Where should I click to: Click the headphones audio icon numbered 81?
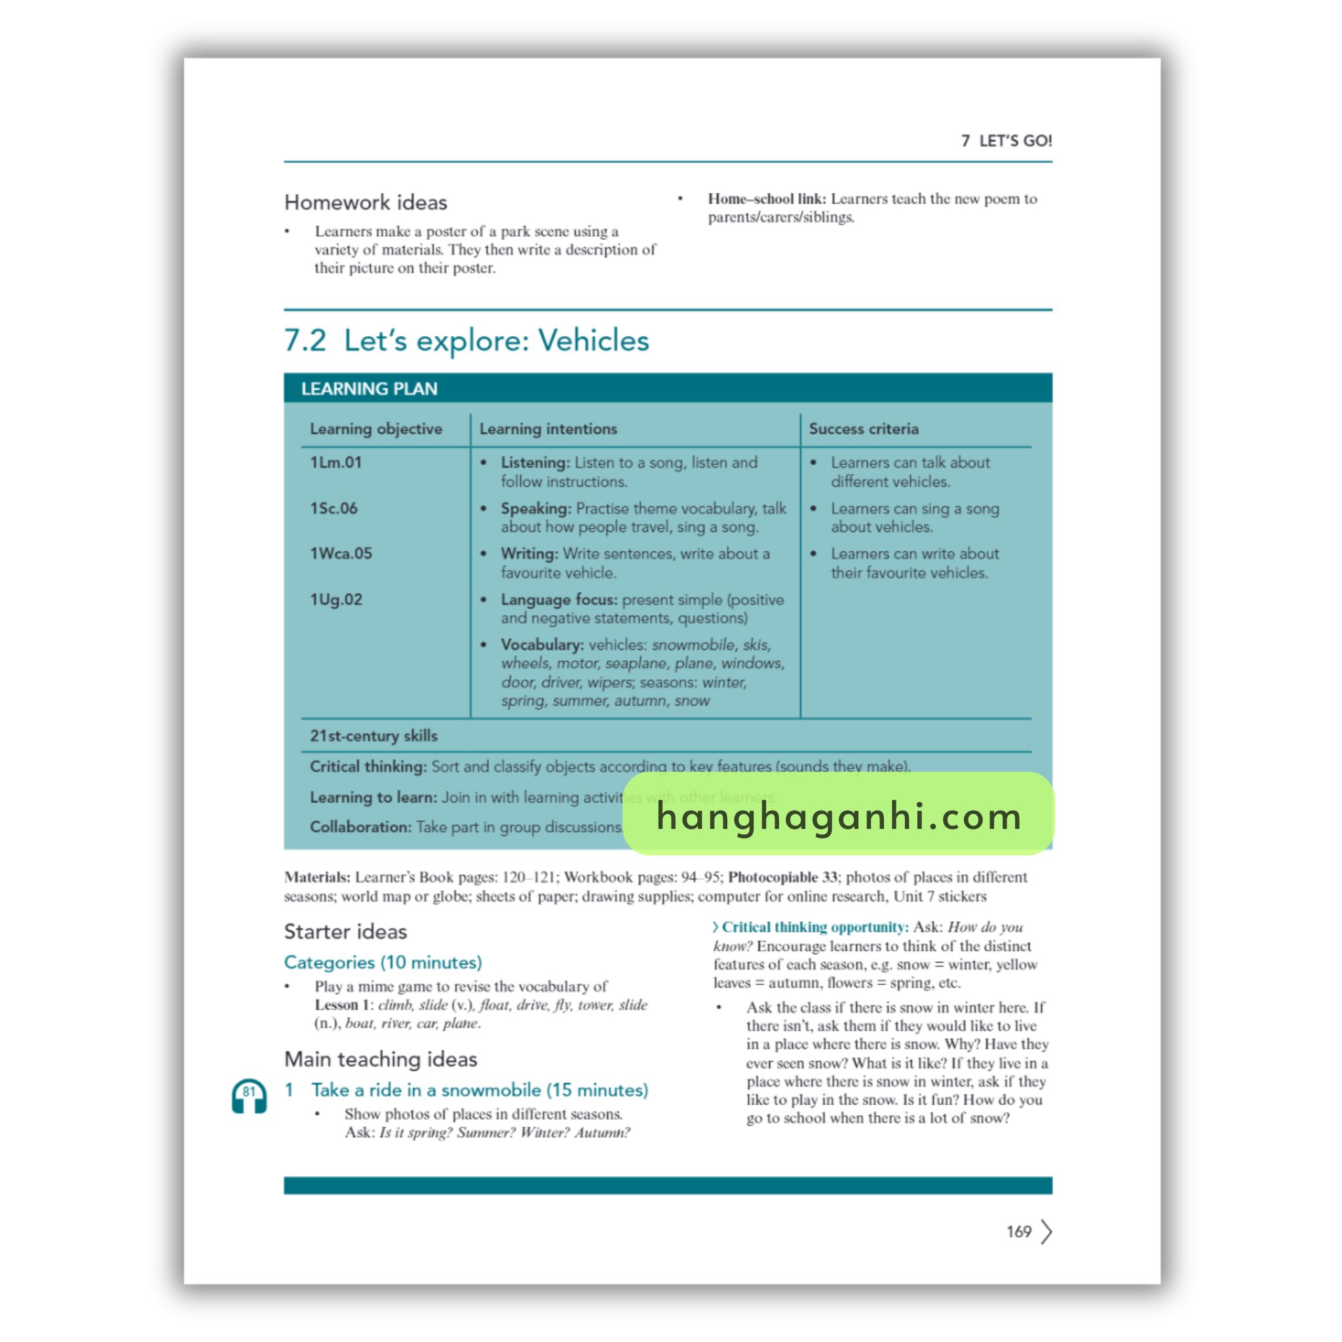click(248, 1096)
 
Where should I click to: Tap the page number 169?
click(1018, 1231)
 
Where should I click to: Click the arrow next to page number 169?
click(1046, 1231)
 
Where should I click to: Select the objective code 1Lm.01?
click(335, 463)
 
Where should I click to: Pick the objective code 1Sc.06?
click(334, 508)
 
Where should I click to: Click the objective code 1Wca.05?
click(341, 554)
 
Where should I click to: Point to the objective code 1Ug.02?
click(336, 600)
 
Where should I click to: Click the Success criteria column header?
click(864, 429)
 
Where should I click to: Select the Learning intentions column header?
click(548, 429)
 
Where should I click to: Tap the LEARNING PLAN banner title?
click(369, 389)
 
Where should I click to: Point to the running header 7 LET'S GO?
click(1006, 141)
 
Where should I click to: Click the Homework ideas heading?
click(366, 203)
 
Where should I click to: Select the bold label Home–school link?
click(767, 199)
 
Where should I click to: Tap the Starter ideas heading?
click(345, 932)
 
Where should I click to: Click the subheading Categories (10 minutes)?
click(383, 962)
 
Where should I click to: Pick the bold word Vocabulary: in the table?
click(542, 645)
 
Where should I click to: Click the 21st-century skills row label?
click(374, 736)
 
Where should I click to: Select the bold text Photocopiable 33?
click(783, 877)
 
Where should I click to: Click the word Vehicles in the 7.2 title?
click(593, 341)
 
